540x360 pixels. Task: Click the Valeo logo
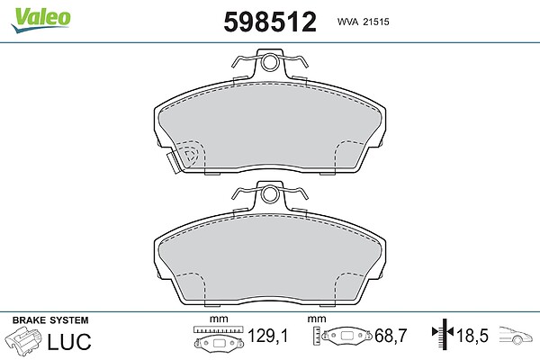[x=40, y=20]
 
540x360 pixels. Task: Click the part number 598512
[x=270, y=22]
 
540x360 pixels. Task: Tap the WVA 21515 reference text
[x=363, y=22]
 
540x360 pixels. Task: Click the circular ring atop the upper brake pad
[x=269, y=62]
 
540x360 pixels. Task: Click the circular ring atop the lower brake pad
[x=269, y=194]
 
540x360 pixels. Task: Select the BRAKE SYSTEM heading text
[x=50, y=320]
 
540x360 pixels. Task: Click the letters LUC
[x=69, y=341]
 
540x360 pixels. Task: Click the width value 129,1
[x=268, y=336]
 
